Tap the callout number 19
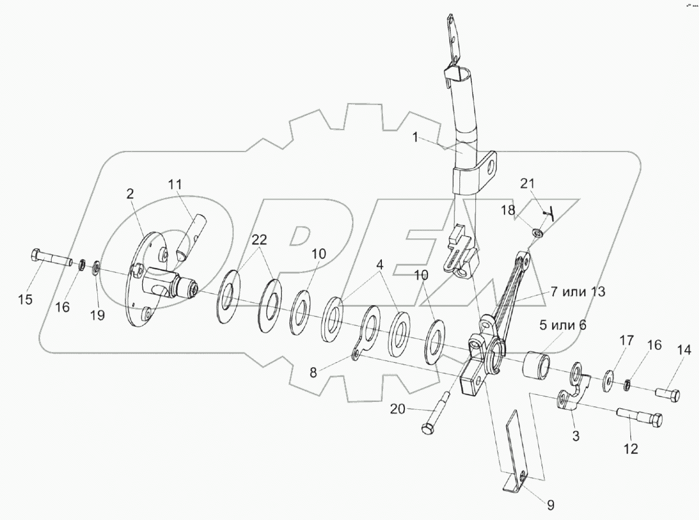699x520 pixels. coord(97,315)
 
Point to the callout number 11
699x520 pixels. coord(175,184)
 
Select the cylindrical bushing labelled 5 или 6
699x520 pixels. coord(538,365)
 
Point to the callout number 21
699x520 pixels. coord(528,184)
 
